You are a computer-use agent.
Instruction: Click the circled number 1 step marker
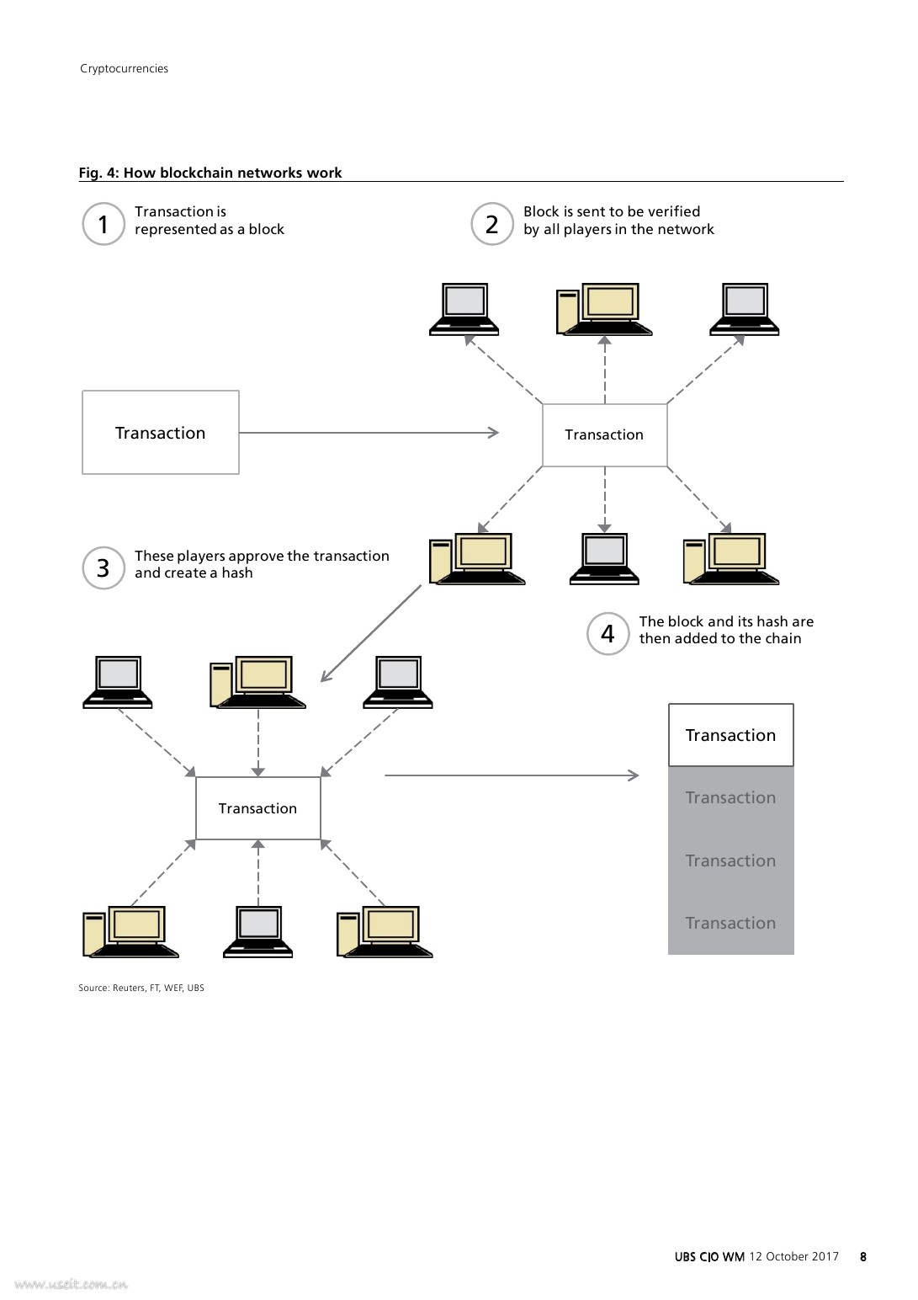click(103, 224)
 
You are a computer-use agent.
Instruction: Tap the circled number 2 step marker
click(492, 224)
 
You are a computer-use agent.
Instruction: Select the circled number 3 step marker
click(103, 568)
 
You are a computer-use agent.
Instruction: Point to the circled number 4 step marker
click(608, 633)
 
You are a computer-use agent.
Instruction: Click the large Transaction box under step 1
click(161, 433)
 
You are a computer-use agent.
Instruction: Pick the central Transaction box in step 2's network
click(604, 434)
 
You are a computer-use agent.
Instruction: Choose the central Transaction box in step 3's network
click(257, 808)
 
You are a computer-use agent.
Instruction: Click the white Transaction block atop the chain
click(730, 735)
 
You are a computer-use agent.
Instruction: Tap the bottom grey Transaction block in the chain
click(730, 923)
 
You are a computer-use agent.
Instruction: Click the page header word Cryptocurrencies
click(124, 68)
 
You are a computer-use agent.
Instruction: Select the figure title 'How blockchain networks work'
click(232, 173)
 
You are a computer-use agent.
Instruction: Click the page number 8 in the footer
click(863, 1256)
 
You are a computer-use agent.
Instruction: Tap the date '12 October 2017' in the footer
click(793, 1256)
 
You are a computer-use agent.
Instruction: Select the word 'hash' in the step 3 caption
click(237, 573)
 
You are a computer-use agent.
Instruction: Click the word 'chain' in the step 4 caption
click(783, 638)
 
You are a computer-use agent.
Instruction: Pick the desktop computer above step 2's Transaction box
click(604, 309)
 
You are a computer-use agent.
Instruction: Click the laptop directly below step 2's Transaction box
click(604, 558)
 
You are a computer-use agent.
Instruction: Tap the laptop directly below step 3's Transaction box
click(257, 932)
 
